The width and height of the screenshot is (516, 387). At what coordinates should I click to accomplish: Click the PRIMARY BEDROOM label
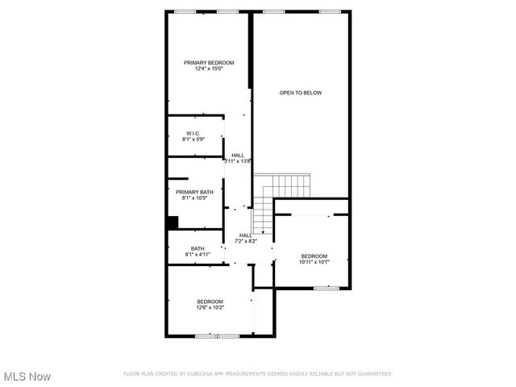[209, 63]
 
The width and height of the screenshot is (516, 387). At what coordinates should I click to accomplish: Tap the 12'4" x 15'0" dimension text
[209, 69]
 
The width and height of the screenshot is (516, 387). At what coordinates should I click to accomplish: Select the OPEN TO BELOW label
[301, 93]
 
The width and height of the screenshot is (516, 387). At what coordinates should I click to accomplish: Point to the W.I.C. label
[193, 133]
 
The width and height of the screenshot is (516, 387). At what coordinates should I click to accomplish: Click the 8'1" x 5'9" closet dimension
[193, 139]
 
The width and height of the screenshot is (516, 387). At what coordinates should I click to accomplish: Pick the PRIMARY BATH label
[195, 192]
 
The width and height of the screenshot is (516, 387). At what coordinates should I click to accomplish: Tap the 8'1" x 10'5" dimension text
[195, 198]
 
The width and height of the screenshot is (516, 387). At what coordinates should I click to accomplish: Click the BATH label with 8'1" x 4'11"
[198, 248]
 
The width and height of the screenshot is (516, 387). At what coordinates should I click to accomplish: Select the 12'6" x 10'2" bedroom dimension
[210, 307]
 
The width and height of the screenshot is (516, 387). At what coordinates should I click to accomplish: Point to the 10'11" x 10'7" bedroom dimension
[314, 261]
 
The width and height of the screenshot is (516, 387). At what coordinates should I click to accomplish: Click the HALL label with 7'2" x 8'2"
[245, 235]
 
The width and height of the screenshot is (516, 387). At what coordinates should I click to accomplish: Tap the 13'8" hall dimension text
[238, 161]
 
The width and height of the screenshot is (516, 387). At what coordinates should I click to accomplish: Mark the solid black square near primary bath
[173, 223]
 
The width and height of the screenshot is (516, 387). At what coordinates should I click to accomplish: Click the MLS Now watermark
[27, 377]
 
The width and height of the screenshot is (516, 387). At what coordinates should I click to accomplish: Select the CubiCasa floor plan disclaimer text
[257, 374]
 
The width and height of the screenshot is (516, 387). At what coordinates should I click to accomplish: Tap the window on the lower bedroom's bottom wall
[218, 335]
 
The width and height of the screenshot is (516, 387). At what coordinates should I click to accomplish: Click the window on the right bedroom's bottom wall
[326, 288]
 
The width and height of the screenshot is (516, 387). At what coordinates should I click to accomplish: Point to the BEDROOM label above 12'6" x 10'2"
[210, 302]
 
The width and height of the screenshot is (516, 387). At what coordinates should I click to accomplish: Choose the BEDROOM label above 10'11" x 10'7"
[314, 256]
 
